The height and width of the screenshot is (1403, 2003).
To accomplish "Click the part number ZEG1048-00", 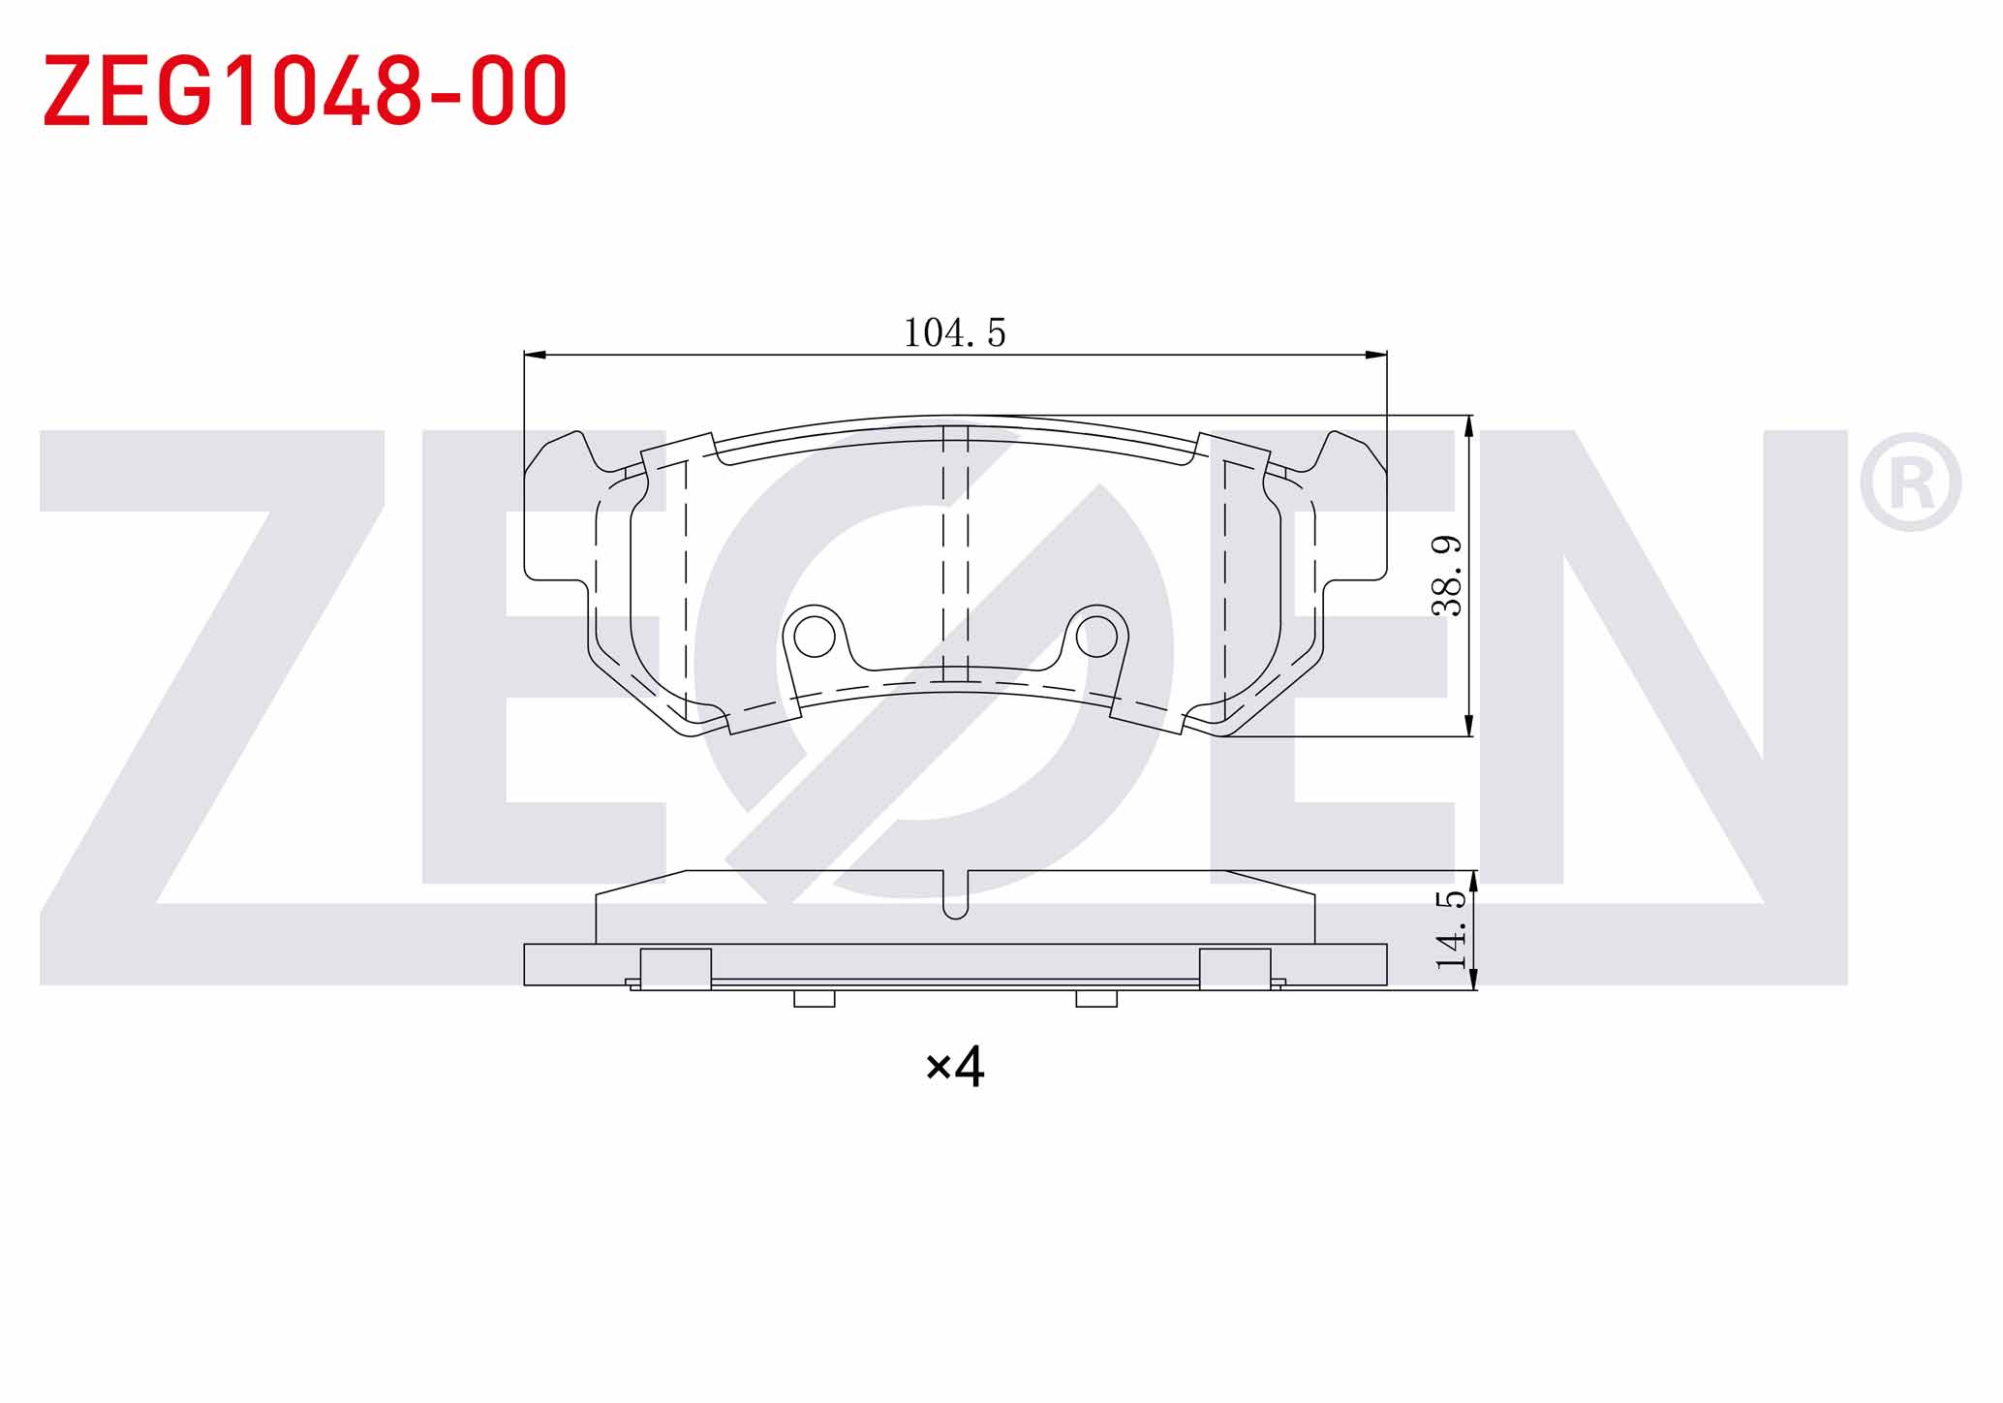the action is tap(305, 90).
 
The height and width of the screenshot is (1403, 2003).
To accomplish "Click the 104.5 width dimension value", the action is tap(955, 333).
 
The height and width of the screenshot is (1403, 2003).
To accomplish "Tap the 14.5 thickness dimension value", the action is tap(1450, 930).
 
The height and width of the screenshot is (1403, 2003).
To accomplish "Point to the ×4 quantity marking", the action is tap(955, 1067).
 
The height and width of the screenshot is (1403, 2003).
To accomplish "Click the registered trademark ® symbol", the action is tap(1910, 483).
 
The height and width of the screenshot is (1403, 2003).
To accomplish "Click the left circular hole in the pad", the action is tap(814, 637).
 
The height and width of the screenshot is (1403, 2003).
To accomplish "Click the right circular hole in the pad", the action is tap(1096, 637).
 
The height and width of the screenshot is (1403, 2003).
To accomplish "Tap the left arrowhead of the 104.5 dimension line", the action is tap(536, 355).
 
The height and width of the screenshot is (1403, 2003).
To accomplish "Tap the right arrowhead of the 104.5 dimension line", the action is tap(1375, 355).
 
